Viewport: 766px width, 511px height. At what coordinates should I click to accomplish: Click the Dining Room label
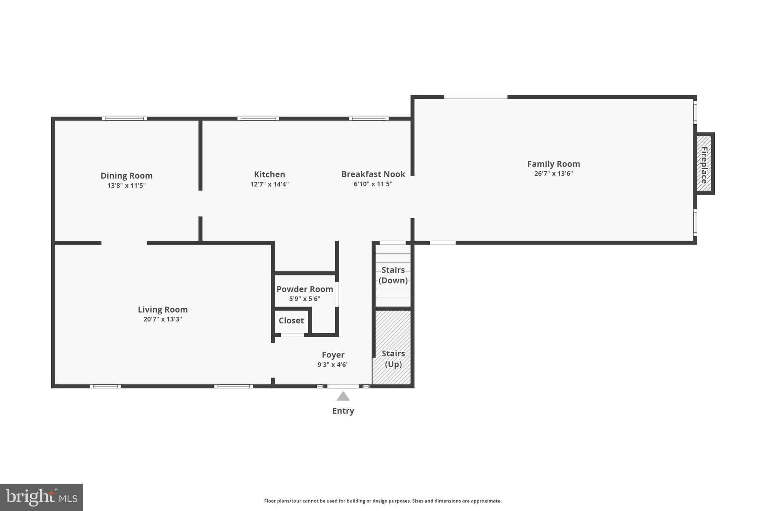[x=126, y=176]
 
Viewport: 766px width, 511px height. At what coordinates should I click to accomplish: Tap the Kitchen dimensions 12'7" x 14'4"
[x=269, y=184]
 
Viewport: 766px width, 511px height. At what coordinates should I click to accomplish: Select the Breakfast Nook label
[x=373, y=174]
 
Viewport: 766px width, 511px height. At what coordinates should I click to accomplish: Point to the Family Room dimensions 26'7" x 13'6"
[x=553, y=173]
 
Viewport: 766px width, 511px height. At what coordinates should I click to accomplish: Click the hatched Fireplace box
[x=704, y=163]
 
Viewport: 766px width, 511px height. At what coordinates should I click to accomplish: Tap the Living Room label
[x=163, y=310]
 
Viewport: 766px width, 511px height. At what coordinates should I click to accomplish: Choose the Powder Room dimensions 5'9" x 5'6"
[x=304, y=299]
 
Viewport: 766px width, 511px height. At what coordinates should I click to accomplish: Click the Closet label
[x=291, y=320]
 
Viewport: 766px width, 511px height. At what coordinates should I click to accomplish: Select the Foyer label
[x=333, y=355]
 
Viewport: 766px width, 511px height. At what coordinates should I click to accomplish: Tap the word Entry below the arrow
[x=343, y=411]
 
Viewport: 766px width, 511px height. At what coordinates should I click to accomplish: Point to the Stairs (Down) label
[x=393, y=275]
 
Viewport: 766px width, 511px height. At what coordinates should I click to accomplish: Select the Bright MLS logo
[x=42, y=497]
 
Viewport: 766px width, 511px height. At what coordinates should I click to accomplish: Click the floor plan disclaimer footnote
[x=383, y=501]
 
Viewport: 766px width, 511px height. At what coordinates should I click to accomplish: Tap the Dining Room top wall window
[x=124, y=119]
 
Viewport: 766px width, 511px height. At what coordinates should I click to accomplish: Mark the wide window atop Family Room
[x=475, y=97]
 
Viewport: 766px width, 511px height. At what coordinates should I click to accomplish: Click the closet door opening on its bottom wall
[x=292, y=335]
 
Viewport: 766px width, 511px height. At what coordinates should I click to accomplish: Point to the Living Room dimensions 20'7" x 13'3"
[x=163, y=319]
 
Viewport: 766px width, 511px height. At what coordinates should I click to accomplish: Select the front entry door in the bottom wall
[x=343, y=386]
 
